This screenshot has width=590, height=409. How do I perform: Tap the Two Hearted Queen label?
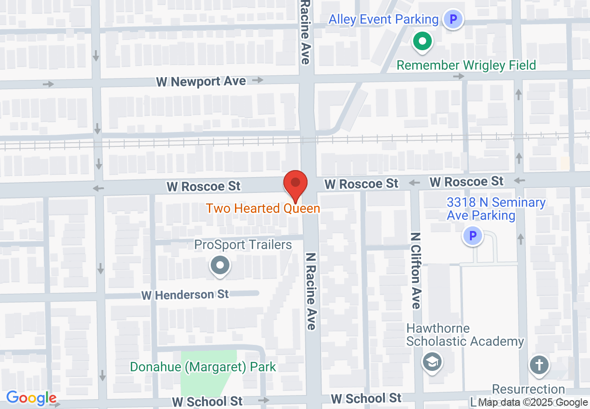263,208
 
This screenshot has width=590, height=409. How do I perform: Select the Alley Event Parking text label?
383,20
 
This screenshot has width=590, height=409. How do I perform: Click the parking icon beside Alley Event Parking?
453,20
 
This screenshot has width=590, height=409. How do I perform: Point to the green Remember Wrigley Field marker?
422,42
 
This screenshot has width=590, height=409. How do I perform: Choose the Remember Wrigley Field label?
466,65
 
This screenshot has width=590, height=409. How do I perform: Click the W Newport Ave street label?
201,82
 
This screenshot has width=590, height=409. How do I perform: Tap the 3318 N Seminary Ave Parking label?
496,209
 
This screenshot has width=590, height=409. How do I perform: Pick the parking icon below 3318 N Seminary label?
473,236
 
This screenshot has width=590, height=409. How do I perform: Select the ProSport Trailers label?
243,245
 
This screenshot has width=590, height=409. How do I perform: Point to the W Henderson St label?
185,295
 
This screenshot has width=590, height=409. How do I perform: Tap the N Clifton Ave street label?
416,270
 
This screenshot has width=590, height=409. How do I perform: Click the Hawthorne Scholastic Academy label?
465,335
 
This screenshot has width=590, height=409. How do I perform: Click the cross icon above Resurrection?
539,365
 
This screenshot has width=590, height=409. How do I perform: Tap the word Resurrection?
529,389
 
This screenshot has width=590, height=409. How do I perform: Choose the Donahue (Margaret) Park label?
203,367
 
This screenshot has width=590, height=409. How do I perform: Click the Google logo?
31,398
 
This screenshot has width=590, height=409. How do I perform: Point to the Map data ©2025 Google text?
533,402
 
